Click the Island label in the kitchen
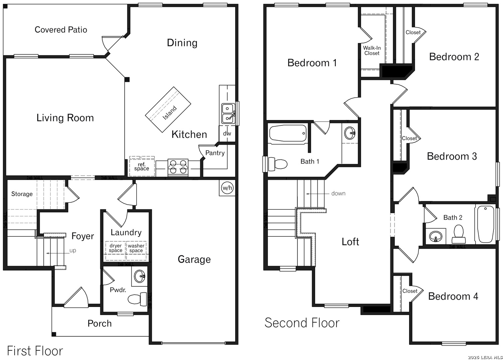pos(170,113)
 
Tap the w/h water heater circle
pos(227,188)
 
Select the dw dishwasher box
pos(227,133)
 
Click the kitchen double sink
pos(228,113)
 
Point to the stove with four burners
pos(178,167)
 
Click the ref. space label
pos(142,166)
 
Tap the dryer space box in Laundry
pos(116,248)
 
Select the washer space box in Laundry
pos(136,248)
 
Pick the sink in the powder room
pos(140,276)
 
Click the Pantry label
pos(215,153)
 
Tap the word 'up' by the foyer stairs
pos(73,251)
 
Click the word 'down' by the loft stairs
pos(338,193)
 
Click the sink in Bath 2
pos(436,237)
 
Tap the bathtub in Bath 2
pos(485,224)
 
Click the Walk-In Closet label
pos(372,51)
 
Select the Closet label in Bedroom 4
pos(410,291)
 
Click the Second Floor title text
pos(302,323)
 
